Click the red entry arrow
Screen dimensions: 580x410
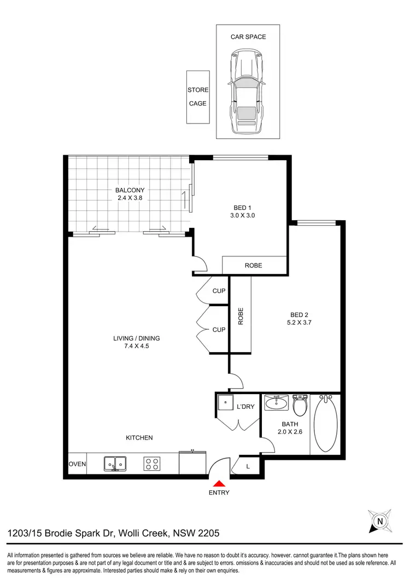[x=219, y=483]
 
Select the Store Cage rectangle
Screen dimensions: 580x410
[x=197, y=97]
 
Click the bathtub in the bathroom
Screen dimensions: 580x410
[x=326, y=424]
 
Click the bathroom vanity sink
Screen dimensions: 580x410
[x=277, y=403]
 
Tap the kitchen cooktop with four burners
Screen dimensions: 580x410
[x=152, y=464]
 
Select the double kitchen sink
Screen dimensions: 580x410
[x=115, y=464]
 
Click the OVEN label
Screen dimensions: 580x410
[x=77, y=464]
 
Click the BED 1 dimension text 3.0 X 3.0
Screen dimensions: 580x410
[x=244, y=215]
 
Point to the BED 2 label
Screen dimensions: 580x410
[x=300, y=314]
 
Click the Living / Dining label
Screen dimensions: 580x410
[x=137, y=338]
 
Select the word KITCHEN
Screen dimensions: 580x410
[x=139, y=438]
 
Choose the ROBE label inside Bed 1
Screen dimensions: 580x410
[x=254, y=265]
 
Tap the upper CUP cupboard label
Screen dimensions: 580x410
[x=219, y=291]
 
